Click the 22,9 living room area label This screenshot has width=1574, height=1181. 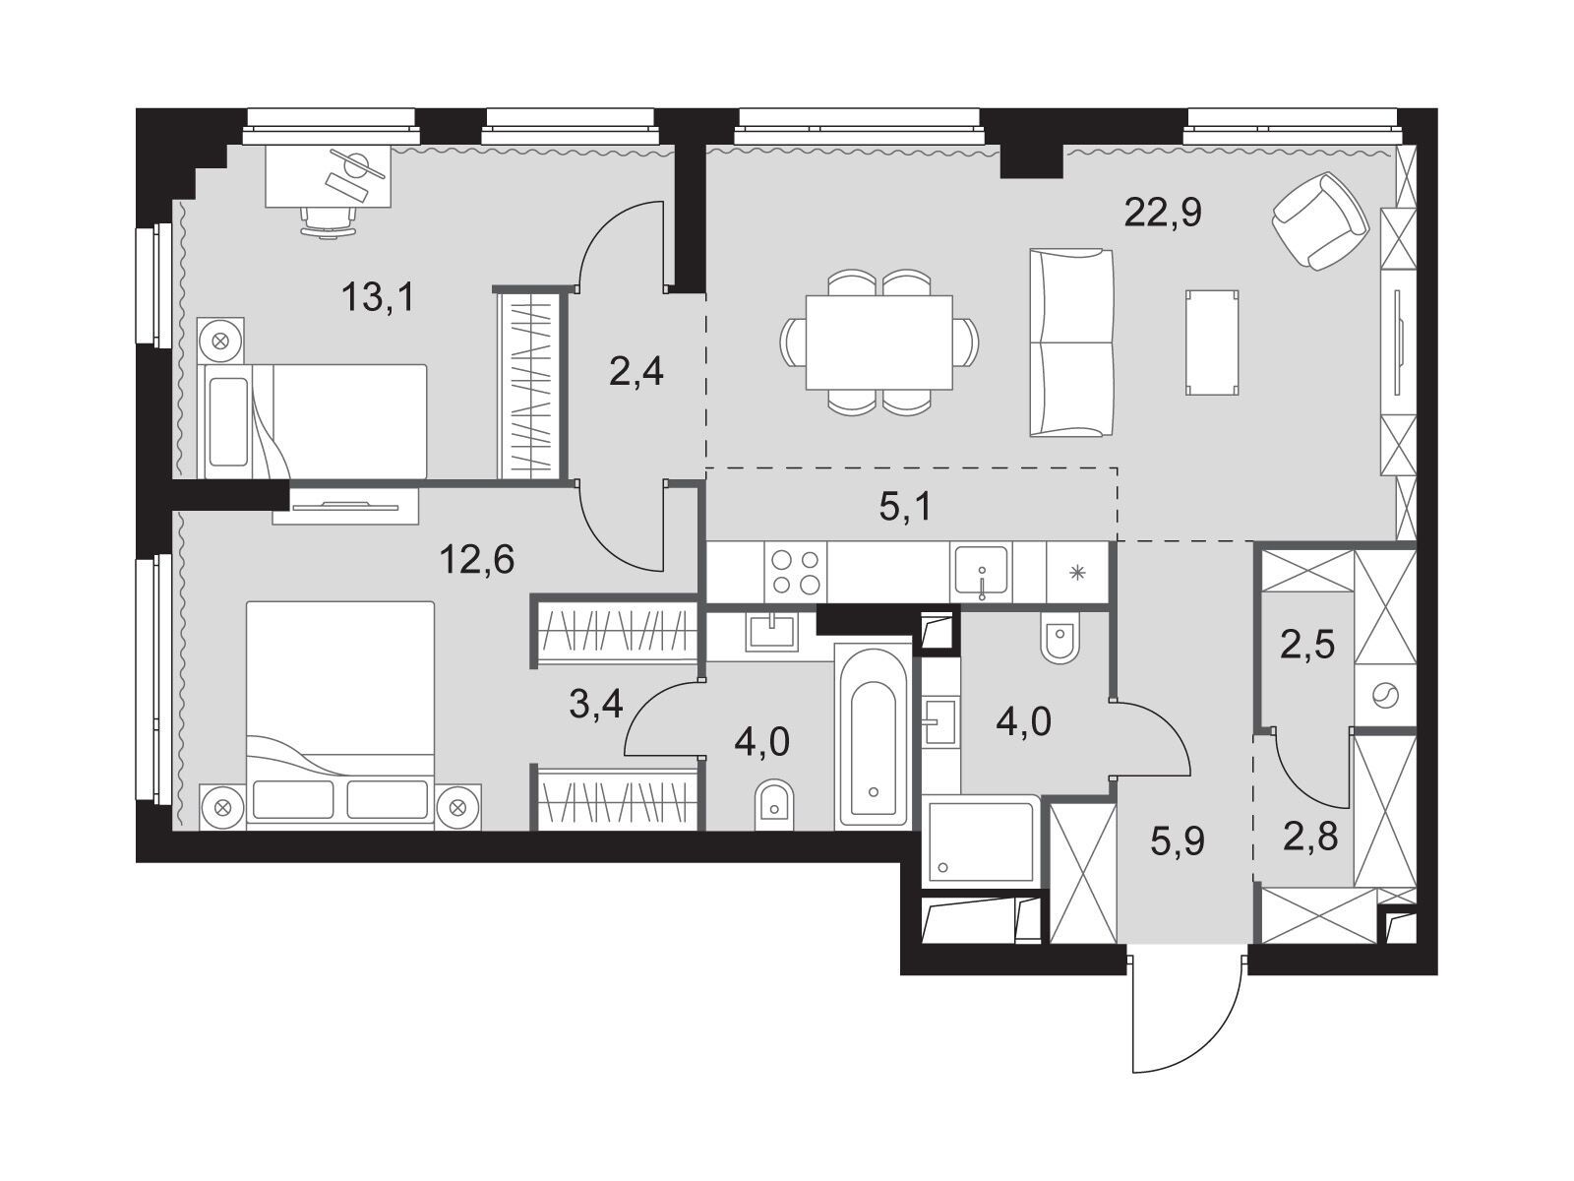1163,213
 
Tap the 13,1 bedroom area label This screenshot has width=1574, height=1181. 378,296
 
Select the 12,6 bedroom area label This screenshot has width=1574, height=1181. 477,559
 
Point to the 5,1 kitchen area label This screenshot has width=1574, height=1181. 905,507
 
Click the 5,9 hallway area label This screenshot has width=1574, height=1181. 1178,841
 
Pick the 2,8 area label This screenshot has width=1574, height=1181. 1310,837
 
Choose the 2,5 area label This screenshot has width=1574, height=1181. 1308,645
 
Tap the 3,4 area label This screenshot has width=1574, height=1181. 596,705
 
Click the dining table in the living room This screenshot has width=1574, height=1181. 878,342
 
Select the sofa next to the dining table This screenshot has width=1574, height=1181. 1071,342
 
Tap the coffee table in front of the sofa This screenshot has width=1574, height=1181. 1212,342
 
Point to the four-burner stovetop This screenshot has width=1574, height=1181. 795,572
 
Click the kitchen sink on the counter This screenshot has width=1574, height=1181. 980,572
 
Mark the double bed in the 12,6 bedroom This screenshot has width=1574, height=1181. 340,715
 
